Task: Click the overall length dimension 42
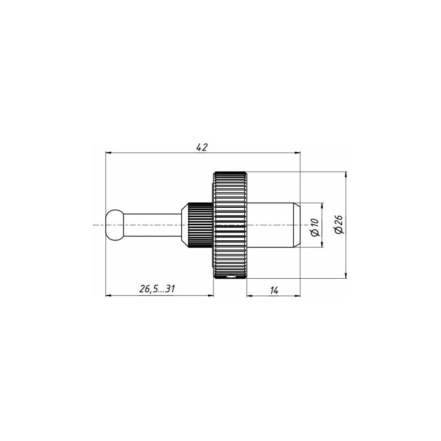[x=202, y=147]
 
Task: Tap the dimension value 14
[x=274, y=290]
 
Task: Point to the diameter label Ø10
[x=315, y=227]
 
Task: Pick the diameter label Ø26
[x=339, y=224]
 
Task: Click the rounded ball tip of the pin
[x=115, y=225]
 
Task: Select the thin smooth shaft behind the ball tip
[x=153, y=225]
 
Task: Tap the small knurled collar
[x=200, y=225]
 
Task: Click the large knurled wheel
[x=230, y=225]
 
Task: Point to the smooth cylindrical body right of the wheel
[x=270, y=225]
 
